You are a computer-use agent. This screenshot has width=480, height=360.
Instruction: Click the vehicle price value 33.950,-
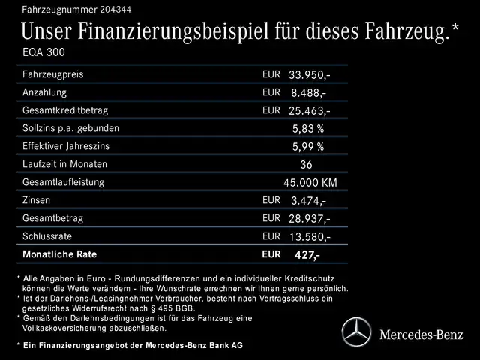click(310, 75)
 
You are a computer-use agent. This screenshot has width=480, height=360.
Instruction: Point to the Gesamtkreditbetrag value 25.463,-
click(310, 110)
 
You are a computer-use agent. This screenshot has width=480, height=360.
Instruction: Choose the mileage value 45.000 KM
click(310, 182)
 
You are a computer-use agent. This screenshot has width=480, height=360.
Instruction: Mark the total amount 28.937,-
click(310, 218)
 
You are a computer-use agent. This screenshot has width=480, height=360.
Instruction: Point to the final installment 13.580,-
click(310, 236)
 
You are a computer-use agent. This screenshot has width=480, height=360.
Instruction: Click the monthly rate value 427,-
click(305, 254)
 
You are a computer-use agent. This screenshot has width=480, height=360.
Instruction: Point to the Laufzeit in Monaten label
click(65, 164)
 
